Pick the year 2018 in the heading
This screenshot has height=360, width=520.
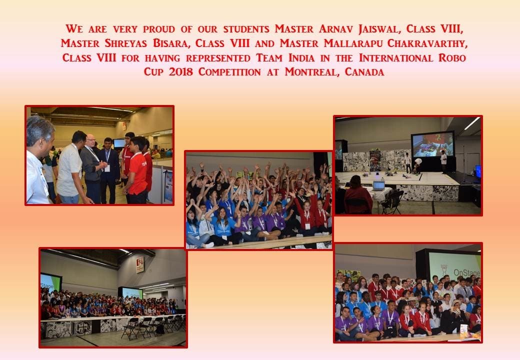click(x=180, y=72)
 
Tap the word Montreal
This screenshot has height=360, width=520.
click(x=312, y=72)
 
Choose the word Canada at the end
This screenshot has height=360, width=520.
click(x=364, y=72)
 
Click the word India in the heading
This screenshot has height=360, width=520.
click(x=301, y=57)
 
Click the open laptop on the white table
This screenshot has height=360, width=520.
click(x=378, y=185)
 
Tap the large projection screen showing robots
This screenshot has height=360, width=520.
click(x=433, y=145)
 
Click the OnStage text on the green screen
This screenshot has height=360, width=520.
click(x=466, y=273)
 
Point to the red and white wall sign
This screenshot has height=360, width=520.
click(x=140, y=264)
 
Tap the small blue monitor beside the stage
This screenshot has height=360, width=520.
click(x=478, y=171)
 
